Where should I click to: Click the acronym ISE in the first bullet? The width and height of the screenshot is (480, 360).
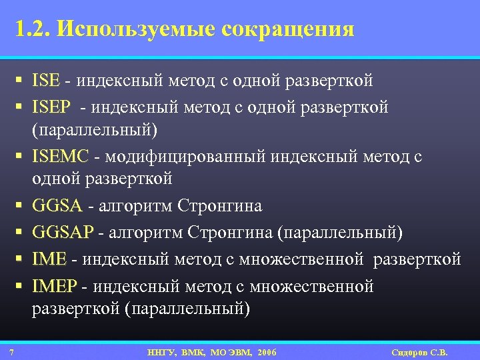click(45, 81)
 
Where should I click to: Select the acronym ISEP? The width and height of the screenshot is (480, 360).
click(50, 107)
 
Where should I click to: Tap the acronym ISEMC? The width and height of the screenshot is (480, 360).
click(60, 157)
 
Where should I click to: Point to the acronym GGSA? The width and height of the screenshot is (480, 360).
click(57, 206)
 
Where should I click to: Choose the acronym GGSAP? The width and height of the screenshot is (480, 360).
click(63, 232)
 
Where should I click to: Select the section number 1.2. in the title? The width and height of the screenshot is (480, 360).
click(32, 29)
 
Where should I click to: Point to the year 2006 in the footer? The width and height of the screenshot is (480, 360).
click(263, 352)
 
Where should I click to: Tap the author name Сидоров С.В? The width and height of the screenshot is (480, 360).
click(421, 352)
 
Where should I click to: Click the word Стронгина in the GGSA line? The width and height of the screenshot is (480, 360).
click(220, 206)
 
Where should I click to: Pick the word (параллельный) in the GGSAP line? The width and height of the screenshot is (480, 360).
click(339, 232)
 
